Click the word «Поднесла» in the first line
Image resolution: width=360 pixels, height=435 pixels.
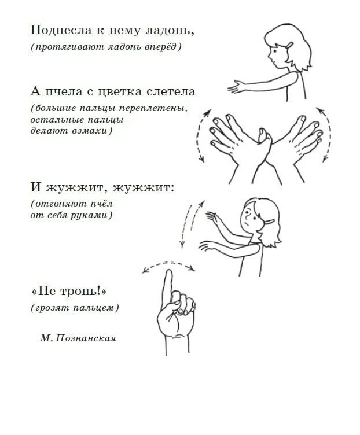[61, 30]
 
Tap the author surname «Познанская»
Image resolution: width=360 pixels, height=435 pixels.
[86, 338]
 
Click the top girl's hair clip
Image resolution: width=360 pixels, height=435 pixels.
[290, 45]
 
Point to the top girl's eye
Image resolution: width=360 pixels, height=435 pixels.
[274, 51]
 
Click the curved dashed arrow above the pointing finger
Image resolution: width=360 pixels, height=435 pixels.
[169, 263]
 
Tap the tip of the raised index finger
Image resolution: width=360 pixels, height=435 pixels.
[168, 270]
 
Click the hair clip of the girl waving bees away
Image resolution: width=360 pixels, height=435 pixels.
[268, 222]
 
